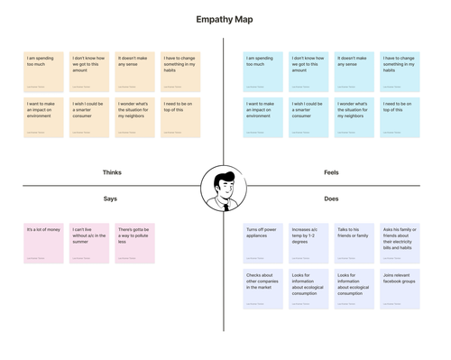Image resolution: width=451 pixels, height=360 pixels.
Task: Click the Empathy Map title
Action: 225,20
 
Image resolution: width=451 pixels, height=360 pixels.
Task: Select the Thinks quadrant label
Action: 112,172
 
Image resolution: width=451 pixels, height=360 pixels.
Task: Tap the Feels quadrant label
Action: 331,172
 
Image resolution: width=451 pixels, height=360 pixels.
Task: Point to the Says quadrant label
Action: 110,198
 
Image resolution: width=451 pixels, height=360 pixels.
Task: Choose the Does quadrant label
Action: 331,198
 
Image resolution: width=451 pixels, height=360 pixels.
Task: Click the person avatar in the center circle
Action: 224,189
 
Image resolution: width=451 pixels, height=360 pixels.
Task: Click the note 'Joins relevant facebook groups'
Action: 400,289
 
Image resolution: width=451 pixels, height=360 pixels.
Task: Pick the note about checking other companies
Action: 262,289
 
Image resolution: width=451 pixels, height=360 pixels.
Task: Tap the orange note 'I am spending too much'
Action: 43,71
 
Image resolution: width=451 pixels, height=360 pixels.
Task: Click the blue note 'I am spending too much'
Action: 262,71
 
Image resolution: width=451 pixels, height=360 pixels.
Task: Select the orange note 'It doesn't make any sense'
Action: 134,71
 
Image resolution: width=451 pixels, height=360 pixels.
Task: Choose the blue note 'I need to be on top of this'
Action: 400,117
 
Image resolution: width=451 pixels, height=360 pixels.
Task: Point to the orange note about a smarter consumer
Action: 89,117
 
